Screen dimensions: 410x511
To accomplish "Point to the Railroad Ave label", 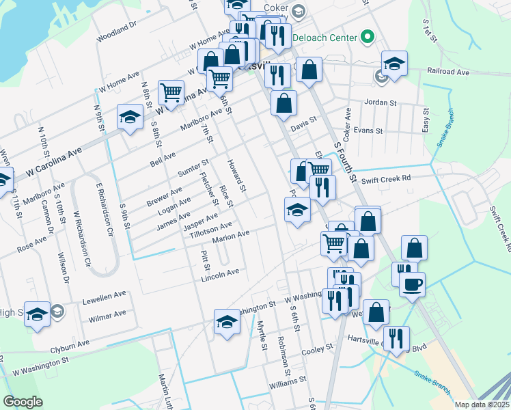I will point(448,72).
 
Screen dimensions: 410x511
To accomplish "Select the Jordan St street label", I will point(381,103).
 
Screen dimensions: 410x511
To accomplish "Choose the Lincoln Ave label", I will point(220,275).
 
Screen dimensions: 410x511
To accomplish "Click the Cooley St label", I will point(317,348).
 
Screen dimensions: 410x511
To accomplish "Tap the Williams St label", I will point(283,385).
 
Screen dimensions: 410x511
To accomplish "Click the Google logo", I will point(23,402).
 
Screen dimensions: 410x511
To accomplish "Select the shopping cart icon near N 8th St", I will point(170,92).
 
